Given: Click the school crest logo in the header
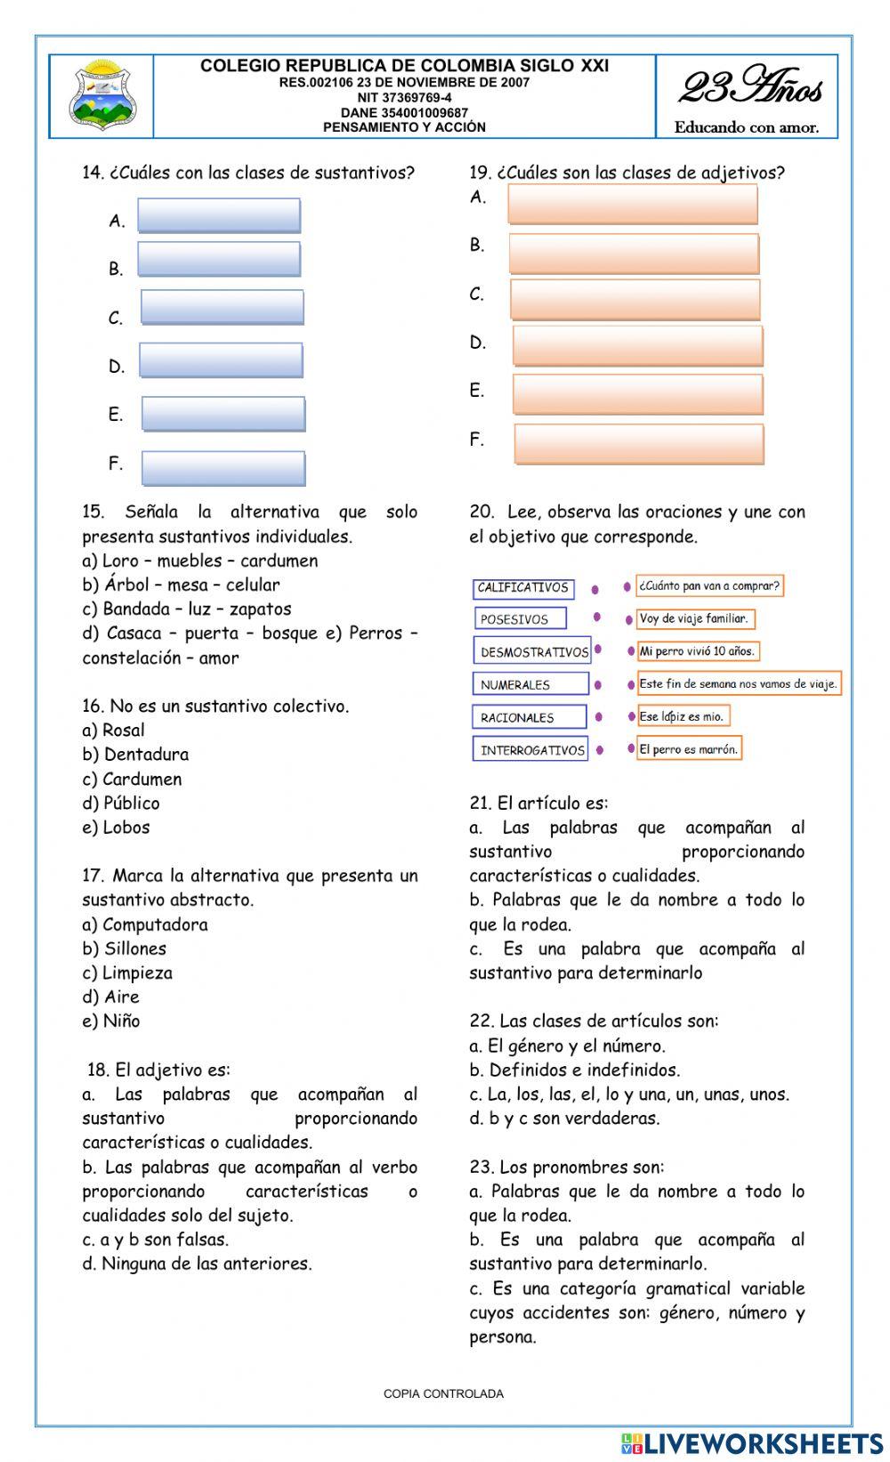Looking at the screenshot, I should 103,95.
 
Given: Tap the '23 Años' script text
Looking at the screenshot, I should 750,88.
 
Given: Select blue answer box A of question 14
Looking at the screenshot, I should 219,216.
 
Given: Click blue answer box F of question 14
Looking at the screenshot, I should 223,468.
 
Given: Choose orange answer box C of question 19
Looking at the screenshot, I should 635,299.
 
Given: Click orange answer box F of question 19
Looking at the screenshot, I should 639,444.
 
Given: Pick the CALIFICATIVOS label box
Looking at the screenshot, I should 523,588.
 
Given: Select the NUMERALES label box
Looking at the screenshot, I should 530,684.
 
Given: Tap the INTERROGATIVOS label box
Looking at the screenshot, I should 530,750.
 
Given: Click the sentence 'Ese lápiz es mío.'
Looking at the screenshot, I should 683,716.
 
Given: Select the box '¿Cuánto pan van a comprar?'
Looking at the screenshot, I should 709,586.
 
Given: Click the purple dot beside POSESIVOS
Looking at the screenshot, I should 597,618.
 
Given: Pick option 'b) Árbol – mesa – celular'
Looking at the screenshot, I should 181,586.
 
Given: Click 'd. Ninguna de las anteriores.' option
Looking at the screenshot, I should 198,1264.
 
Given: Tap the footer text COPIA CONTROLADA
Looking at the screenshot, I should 443,1393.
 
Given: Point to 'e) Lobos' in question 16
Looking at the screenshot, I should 117,828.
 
